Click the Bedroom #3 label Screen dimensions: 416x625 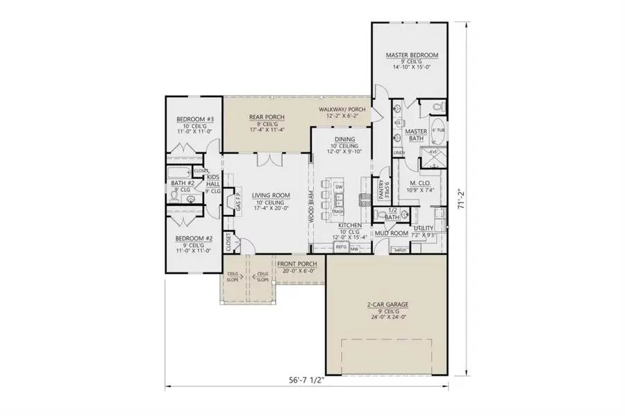point(190,119)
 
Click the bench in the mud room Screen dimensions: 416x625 point(400,250)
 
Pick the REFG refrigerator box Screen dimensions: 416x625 point(341,247)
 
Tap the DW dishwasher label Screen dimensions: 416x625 point(338,188)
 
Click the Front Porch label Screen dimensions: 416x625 point(297,264)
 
